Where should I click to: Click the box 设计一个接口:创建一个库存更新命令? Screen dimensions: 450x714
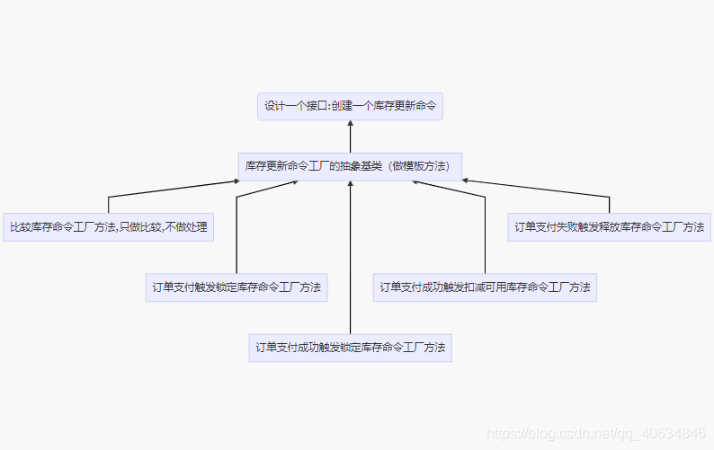[351, 106]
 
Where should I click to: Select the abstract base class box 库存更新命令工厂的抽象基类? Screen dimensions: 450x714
[351, 166]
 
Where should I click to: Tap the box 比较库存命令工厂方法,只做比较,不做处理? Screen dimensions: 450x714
[108, 227]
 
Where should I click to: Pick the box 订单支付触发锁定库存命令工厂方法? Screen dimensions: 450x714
[237, 287]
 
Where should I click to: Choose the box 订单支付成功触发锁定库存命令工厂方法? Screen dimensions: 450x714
[351, 347]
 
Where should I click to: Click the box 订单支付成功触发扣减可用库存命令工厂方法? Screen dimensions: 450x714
[485, 287]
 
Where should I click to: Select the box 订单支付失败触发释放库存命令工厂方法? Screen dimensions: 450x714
[609, 227]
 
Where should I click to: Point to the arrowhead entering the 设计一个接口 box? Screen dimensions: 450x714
[351, 125]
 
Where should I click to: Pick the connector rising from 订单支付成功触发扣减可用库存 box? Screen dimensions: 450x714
[485, 234]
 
